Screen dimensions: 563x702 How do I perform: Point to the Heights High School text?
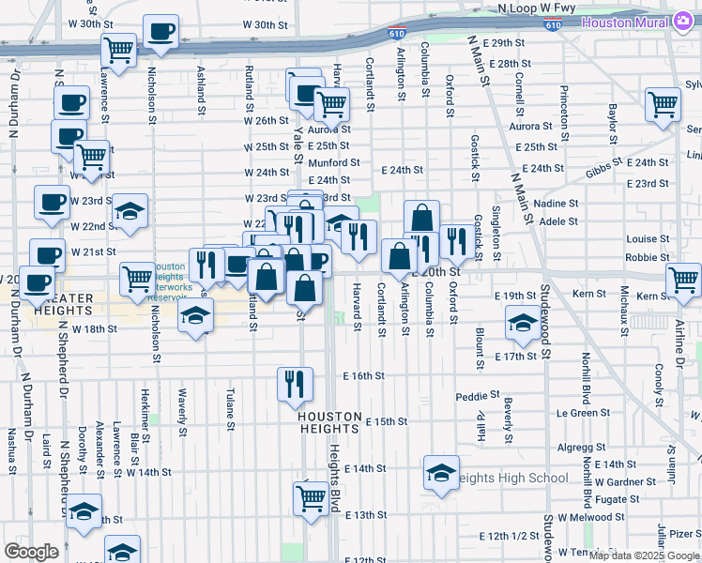(x=511, y=478)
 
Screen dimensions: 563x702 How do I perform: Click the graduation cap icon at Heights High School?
(x=441, y=475)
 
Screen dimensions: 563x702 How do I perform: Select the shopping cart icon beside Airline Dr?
(x=683, y=279)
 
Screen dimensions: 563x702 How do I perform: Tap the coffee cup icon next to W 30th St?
(x=159, y=32)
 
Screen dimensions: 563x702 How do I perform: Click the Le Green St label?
(x=577, y=413)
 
